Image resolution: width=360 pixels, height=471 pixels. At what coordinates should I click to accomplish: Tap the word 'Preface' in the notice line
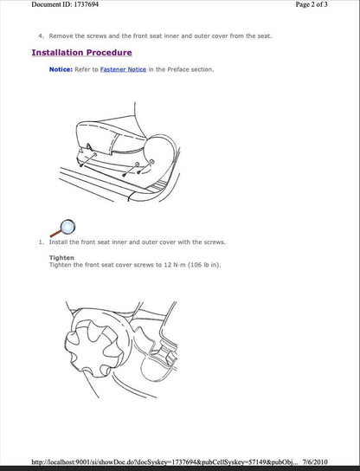(177, 69)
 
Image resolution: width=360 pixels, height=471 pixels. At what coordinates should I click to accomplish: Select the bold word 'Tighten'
(61, 257)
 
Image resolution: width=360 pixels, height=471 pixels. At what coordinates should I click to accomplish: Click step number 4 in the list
(41, 36)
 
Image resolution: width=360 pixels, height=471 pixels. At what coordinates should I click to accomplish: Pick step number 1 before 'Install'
(41, 242)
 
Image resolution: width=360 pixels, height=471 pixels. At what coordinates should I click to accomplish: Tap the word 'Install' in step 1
(60, 242)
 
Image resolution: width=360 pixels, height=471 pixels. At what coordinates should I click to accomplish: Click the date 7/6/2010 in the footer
(337, 462)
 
